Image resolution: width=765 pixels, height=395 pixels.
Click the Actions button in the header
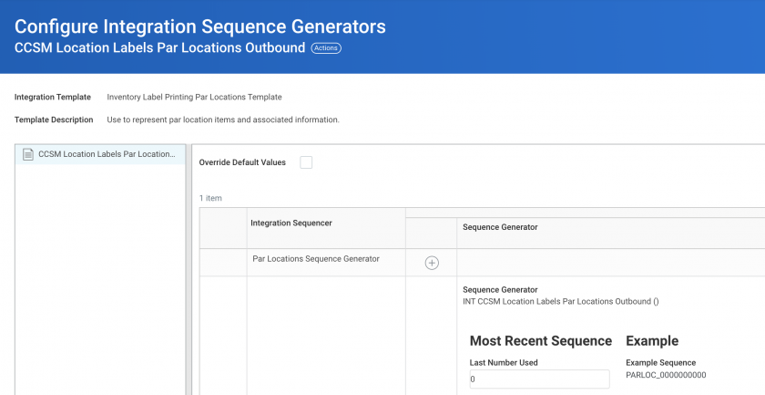(326, 48)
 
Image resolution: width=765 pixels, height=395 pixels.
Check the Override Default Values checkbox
(306, 162)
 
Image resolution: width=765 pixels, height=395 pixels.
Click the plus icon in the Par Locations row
(432, 263)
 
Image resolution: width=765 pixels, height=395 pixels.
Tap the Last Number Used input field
(539, 379)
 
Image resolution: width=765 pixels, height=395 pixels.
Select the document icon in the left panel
(28, 154)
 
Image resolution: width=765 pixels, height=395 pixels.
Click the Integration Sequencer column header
(291, 223)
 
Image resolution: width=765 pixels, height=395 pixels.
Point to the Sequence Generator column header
(500, 227)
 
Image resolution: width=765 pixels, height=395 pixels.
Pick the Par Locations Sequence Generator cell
(316, 258)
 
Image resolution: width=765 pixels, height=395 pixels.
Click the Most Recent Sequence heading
(541, 341)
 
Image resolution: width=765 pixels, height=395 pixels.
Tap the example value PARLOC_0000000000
(666, 375)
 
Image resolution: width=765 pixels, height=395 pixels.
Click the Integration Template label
(53, 97)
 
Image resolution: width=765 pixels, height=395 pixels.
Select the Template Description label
(54, 120)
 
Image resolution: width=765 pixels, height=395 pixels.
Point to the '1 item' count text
(210, 198)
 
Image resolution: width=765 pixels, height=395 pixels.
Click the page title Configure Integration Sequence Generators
(200, 26)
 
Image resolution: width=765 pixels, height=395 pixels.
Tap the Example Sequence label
(660, 363)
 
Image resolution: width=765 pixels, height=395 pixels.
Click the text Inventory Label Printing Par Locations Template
(194, 97)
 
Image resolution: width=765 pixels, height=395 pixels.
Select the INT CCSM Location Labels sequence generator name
(561, 302)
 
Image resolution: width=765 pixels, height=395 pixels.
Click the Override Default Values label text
(242, 162)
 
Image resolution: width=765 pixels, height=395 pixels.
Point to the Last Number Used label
(504, 363)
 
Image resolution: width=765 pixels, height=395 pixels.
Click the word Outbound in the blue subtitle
(282, 48)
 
